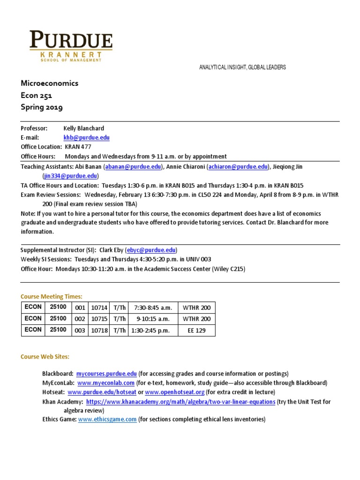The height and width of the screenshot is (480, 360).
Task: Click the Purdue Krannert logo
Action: click(x=71, y=46)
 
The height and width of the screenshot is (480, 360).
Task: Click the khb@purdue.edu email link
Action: click(x=87, y=137)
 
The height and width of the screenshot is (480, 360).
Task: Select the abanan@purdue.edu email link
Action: click(x=134, y=166)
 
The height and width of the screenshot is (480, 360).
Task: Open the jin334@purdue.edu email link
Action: click(x=70, y=176)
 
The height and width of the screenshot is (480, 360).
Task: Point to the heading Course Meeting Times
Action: click(x=52, y=296)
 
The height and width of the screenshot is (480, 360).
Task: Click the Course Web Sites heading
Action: click(x=45, y=357)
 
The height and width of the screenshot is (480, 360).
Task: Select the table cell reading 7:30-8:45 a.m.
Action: click(x=153, y=307)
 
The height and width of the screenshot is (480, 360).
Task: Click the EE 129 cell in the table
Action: click(x=197, y=330)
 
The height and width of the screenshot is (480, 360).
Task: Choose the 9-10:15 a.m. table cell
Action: click(x=153, y=319)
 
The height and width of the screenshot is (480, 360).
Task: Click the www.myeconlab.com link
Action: click(x=103, y=383)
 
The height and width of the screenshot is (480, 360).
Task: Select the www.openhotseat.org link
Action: click(x=175, y=392)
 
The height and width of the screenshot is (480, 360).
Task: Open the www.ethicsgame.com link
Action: click(x=107, y=420)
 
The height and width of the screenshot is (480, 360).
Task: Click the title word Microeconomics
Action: click(x=50, y=83)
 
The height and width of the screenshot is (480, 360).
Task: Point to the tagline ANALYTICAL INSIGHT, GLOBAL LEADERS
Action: click(x=242, y=67)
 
